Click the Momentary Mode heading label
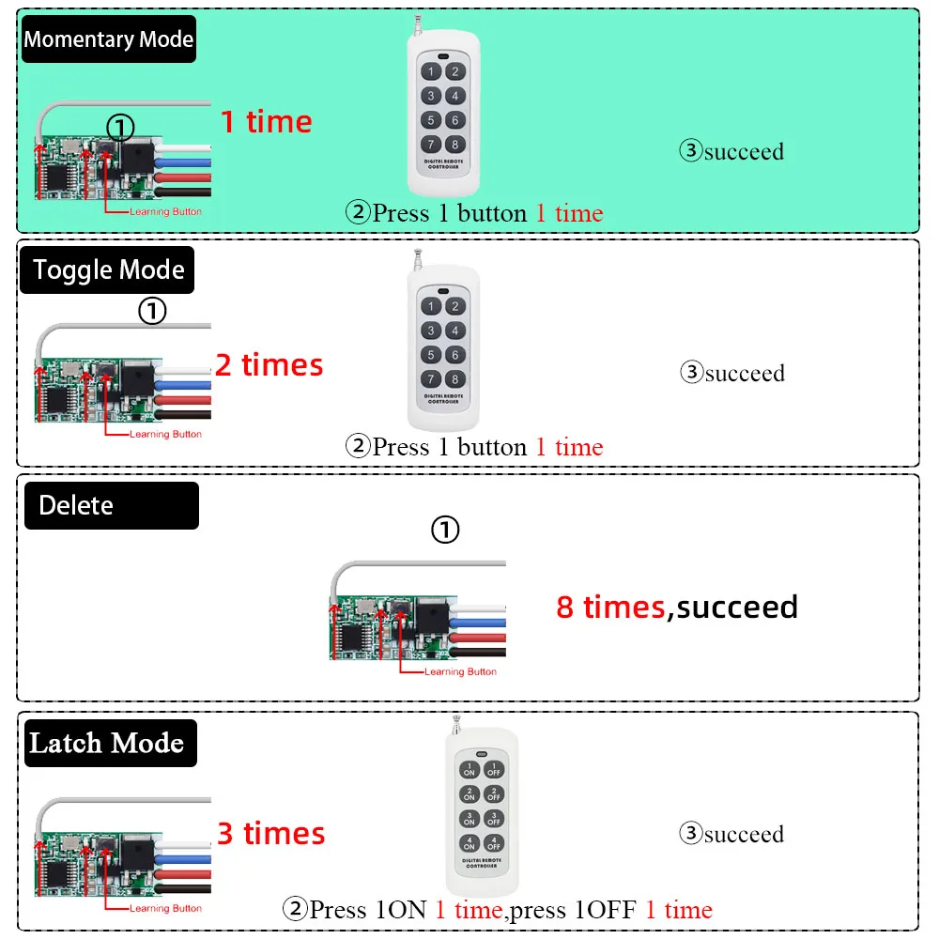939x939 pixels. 108,38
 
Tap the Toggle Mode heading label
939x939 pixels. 107,270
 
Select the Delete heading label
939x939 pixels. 112,505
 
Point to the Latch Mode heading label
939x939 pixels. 110,743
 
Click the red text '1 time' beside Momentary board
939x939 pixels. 267,121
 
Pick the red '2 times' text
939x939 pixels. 269,364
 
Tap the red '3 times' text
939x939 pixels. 271,833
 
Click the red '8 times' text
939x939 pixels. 610,608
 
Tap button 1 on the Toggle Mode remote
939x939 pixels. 431,307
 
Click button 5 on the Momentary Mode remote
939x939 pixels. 431,120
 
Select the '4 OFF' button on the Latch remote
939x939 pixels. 494,844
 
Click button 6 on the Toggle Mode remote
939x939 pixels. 455,355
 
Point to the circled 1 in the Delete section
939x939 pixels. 445,530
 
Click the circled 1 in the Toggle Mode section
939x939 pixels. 152,311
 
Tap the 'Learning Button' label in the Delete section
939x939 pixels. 460,672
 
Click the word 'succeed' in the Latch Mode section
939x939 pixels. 744,834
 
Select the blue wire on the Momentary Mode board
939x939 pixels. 183,162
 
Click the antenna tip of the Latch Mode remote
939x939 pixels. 456,716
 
